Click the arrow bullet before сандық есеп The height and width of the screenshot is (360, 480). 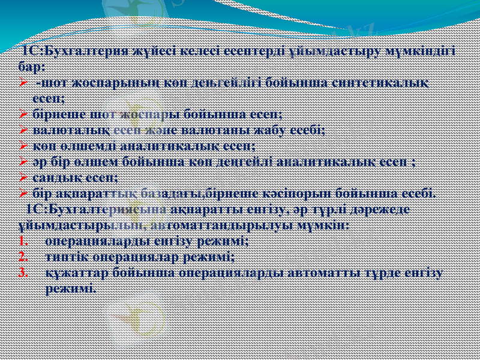(22, 178)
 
